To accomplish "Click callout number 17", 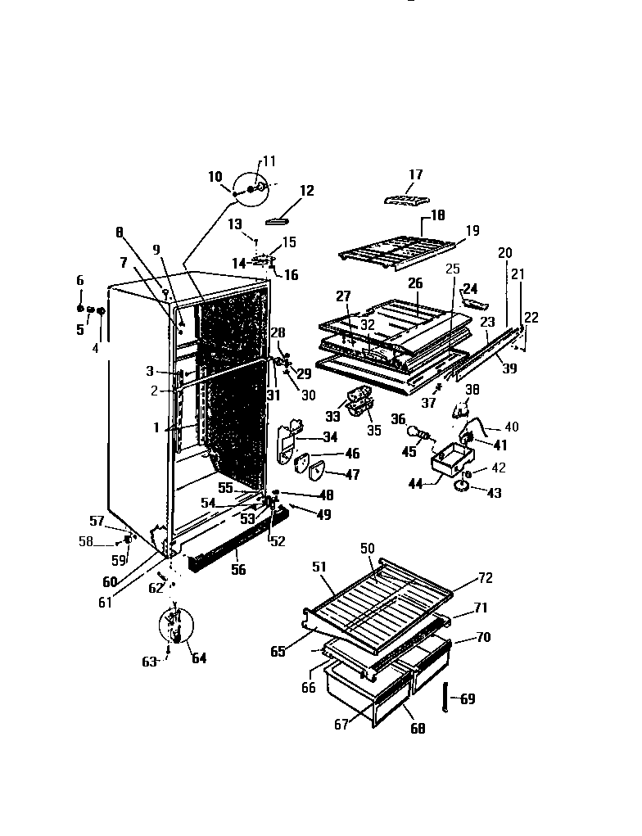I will pyautogui.click(x=415, y=174).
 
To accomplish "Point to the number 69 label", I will pyautogui.click(x=467, y=699).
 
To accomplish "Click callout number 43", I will pyautogui.click(x=494, y=493).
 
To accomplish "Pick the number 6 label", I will pyautogui.click(x=80, y=281).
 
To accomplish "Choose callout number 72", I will pyautogui.click(x=486, y=579).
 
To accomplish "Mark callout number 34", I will pyautogui.click(x=330, y=437).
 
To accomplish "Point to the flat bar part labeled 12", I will pyautogui.click(x=278, y=219).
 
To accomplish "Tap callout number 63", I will pyautogui.click(x=147, y=662).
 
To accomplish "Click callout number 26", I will pyautogui.click(x=415, y=284).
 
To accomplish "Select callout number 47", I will pyautogui.click(x=351, y=474).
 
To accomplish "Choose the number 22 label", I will pyautogui.click(x=531, y=318).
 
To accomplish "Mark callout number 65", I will pyautogui.click(x=278, y=652).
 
